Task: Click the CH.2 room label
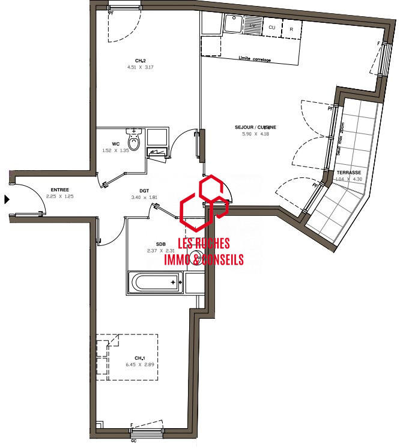140,60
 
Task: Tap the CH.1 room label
140,357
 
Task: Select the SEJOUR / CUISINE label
255,127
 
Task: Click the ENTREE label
59,189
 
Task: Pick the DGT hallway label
144,190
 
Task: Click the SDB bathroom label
152,244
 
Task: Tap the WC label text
116,144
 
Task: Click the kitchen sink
233,24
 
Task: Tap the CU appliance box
272,28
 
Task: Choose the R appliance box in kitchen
291,28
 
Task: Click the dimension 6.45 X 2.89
140,364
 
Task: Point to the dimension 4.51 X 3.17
141,67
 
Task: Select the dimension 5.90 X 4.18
255,134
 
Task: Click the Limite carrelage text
255,60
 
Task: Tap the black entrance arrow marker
7,199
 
